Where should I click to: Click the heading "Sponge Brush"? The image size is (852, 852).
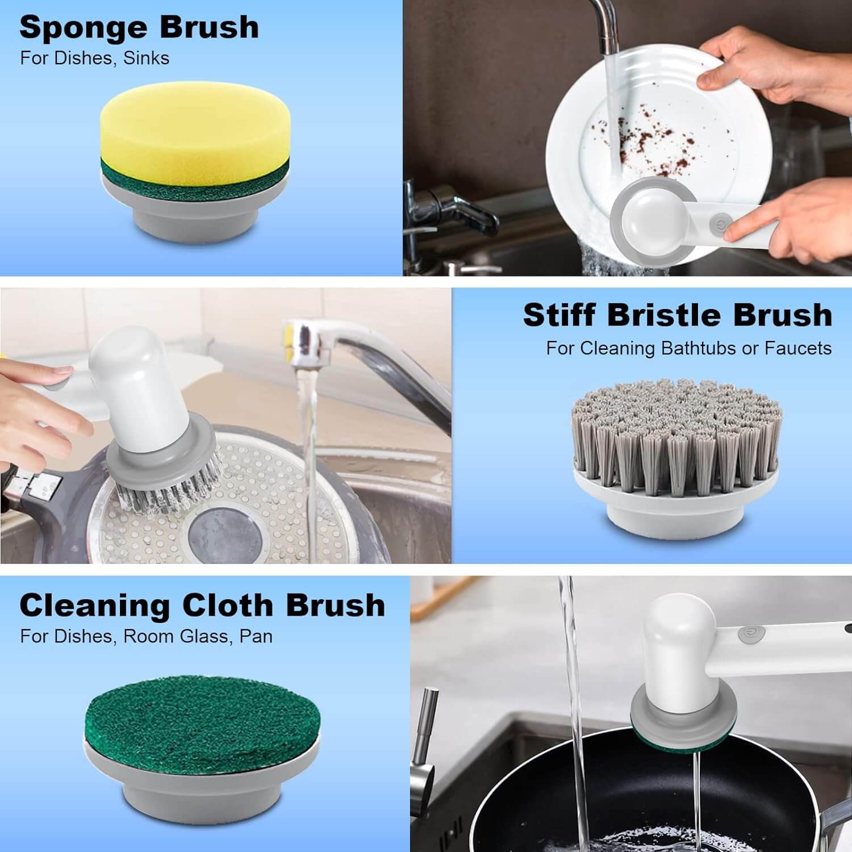point(139,27)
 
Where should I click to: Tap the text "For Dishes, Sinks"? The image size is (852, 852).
point(94,58)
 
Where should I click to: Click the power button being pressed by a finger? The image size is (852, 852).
point(721,224)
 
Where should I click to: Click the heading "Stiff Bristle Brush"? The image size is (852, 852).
point(677,315)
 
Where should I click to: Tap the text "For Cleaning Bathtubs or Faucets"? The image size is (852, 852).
point(688,348)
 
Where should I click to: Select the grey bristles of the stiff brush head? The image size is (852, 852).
point(676,432)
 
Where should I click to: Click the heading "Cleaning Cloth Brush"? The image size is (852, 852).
point(202,605)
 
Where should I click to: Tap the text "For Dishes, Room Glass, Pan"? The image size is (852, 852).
point(146,636)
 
